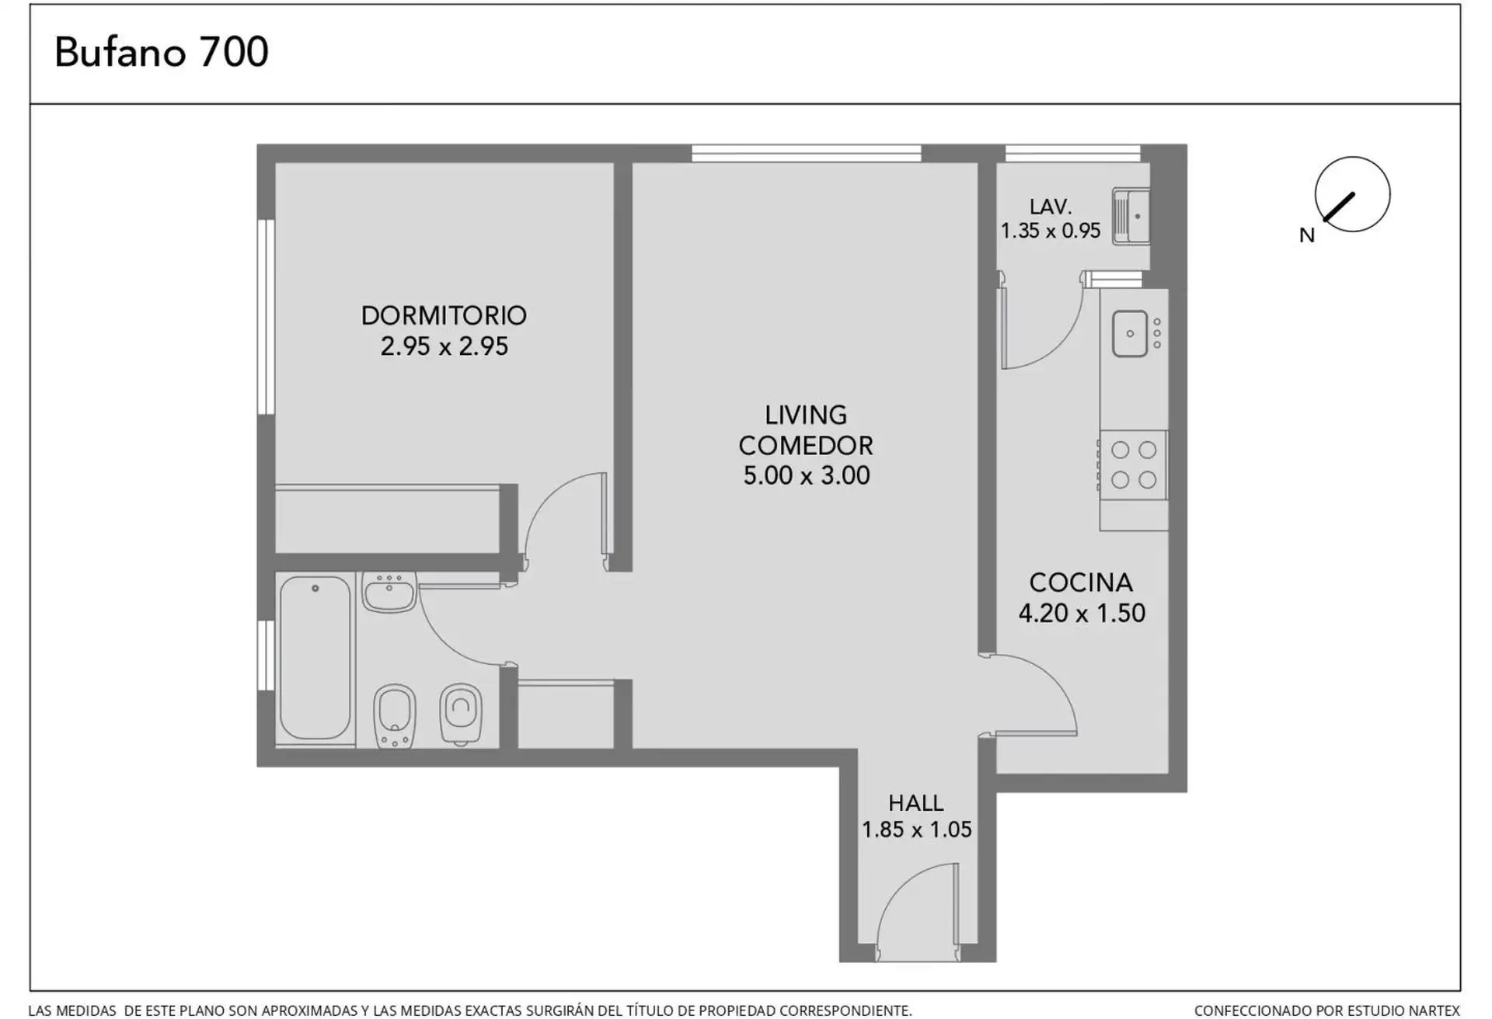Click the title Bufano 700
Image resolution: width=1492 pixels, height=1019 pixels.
pyautogui.click(x=162, y=53)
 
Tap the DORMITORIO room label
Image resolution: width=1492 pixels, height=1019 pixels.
pyautogui.click(x=444, y=315)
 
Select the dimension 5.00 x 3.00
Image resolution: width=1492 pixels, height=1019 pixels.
pyautogui.click(x=806, y=475)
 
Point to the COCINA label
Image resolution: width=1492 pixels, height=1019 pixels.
pyautogui.click(x=1081, y=583)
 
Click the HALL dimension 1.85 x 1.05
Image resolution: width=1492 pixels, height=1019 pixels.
pyautogui.click(x=916, y=829)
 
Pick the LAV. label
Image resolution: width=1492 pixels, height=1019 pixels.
pyautogui.click(x=1051, y=207)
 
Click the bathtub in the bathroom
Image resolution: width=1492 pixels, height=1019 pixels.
pyautogui.click(x=315, y=657)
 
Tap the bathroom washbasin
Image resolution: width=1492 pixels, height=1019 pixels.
pyautogui.click(x=389, y=593)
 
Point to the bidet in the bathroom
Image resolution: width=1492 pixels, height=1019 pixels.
pyautogui.click(x=395, y=716)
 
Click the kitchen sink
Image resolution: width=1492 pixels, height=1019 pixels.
pyautogui.click(x=1130, y=334)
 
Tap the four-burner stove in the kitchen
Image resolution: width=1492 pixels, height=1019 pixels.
pyautogui.click(x=1133, y=464)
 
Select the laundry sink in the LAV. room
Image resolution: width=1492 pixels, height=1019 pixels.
pyautogui.click(x=1131, y=217)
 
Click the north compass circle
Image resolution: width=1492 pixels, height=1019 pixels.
pyautogui.click(x=1352, y=157)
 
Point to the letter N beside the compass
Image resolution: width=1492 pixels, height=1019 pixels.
pyautogui.click(x=1307, y=235)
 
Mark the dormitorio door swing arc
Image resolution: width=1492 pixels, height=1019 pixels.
pyautogui.click(x=546, y=492)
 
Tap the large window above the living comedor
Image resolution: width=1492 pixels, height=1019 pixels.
pyautogui.click(x=806, y=153)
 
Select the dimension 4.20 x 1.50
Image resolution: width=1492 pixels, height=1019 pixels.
pyautogui.click(x=1082, y=614)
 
